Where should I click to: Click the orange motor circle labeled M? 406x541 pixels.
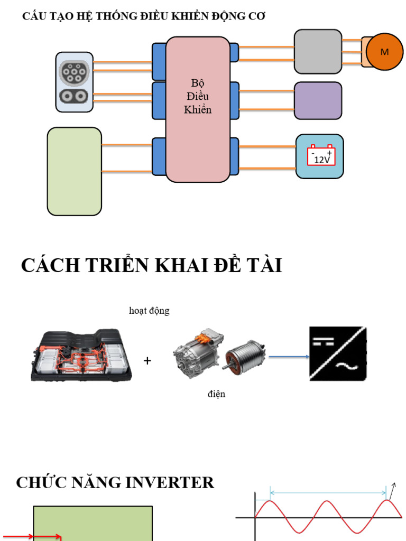coord(384,52)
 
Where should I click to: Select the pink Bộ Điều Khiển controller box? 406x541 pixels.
coord(198,109)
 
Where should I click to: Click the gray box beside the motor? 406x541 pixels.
coord(318,51)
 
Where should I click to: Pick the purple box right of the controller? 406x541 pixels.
coord(318,100)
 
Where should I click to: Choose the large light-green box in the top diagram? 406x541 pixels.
coord(75,171)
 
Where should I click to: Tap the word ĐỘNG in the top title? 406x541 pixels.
coord(218,16)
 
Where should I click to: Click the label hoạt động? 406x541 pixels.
coord(149,311)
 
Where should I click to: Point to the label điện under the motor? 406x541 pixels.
coord(216,394)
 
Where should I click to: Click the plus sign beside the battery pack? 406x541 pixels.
coord(147,361)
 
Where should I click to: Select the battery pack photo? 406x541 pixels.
coord(82,355)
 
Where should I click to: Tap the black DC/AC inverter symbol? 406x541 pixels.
coord(338,354)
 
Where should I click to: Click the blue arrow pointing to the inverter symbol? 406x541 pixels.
coord(289,357)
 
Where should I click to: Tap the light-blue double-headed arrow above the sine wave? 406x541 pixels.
coord(328,493)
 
